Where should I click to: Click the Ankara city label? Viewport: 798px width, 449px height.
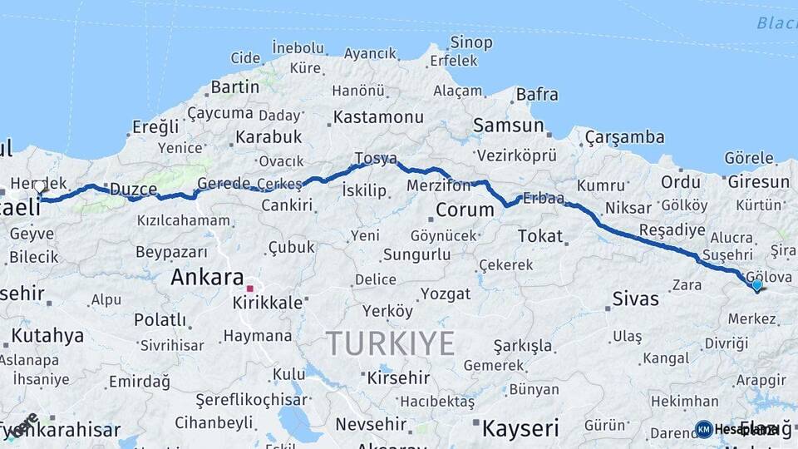coord(207,278)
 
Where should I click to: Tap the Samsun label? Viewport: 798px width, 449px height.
coord(508,126)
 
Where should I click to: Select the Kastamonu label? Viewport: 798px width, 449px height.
coord(378,117)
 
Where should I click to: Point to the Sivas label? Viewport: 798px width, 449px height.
coord(635,299)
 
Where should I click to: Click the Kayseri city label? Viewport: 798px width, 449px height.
coord(520,429)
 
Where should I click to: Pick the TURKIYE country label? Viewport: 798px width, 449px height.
coord(390,343)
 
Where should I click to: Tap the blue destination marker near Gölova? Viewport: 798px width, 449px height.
coord(756,286)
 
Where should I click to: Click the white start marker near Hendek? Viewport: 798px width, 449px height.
coord(39,187)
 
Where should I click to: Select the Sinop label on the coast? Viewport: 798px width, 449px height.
coord(471,42)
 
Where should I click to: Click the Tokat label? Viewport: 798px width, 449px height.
coord(540,236)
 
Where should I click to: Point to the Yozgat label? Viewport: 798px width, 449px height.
coord(445,294)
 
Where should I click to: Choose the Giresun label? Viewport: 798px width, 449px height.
coord(757,182)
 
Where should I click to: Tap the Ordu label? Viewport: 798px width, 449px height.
coord(680,182)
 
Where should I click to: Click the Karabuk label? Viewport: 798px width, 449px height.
coord(268,136)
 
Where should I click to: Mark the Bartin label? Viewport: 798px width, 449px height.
coord(235,86)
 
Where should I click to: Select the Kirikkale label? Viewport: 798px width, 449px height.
coord(268,303)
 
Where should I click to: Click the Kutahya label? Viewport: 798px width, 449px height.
coord(48,336)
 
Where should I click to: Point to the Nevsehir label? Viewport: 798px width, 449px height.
coord(371,424)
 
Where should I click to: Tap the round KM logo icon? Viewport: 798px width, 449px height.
coord(704,429)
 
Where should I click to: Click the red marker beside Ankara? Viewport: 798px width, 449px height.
coord(249,288)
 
